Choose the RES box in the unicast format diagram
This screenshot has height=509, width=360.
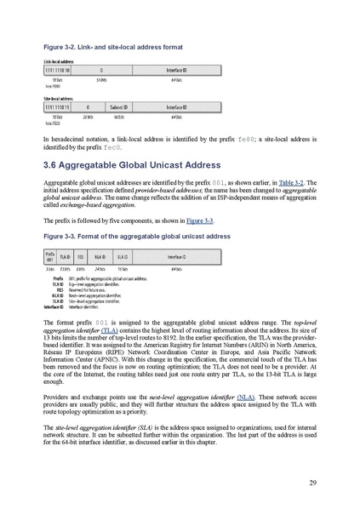(81, 256)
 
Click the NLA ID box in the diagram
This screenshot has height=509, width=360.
(100, 256)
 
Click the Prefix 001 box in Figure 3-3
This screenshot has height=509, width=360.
(49, 256)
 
